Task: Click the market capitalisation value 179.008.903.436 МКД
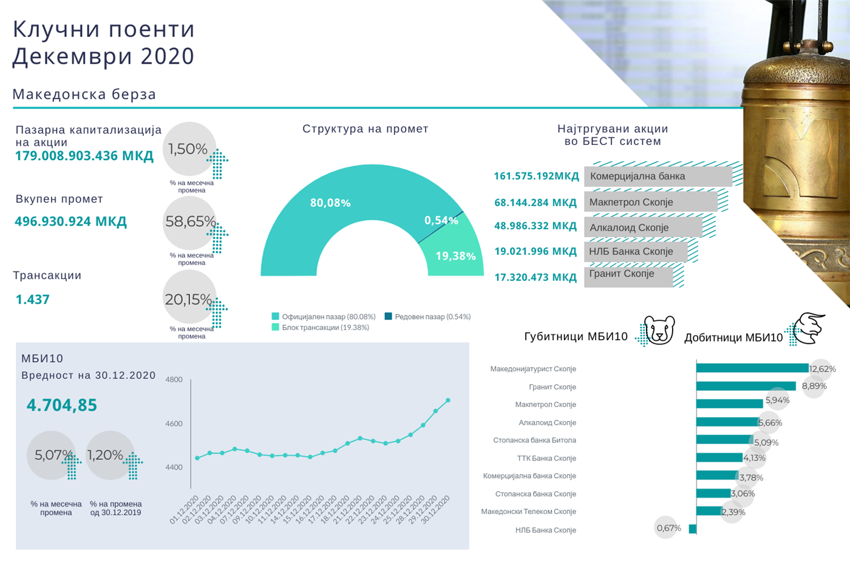[84, 156]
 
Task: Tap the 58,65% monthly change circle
[190, 222]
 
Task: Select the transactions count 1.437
[33, 300]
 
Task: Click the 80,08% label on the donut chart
[330, 203]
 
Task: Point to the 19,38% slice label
[455, 256]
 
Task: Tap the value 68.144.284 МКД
[535, 203]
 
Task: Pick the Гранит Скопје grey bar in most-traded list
[628, 275]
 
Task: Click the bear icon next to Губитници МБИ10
[659, 331]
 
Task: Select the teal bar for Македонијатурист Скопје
[752, 368]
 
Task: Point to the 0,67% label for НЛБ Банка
[668, 528]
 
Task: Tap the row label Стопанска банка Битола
[534, 440]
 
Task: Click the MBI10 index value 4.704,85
[62, 405]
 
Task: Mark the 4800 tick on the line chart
[174, 380]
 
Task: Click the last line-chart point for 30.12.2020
[448, 400]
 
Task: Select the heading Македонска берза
[84, 95]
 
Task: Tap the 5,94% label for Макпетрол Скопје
[777, 400]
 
